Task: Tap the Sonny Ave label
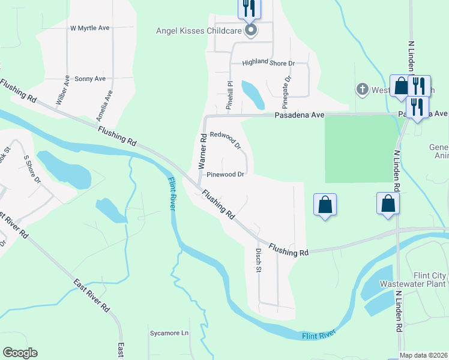tap(90, 79)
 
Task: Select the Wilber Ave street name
tap(62, 91)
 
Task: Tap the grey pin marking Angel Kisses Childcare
tap(251, 29)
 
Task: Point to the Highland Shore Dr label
tap(268, 62)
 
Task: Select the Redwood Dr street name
tap(225, 141)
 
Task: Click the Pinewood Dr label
tap(225, 175)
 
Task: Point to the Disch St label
tap(259, 261)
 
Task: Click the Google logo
tap(20, 353)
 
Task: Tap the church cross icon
tap(362, 89)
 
